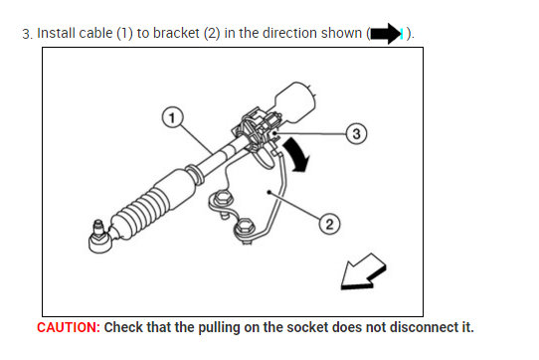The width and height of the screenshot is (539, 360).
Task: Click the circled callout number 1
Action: (x=173, y=117)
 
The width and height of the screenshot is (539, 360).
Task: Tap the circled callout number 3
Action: (x=357, y=132)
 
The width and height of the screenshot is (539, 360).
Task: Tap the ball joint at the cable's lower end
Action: (x=100, y=235)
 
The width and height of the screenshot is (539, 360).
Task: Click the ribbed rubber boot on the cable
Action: (x=147, y=205)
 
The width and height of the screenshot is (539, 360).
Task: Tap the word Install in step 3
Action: (x=57, y=34)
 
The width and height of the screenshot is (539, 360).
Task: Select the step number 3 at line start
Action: (x=27, y=34)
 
